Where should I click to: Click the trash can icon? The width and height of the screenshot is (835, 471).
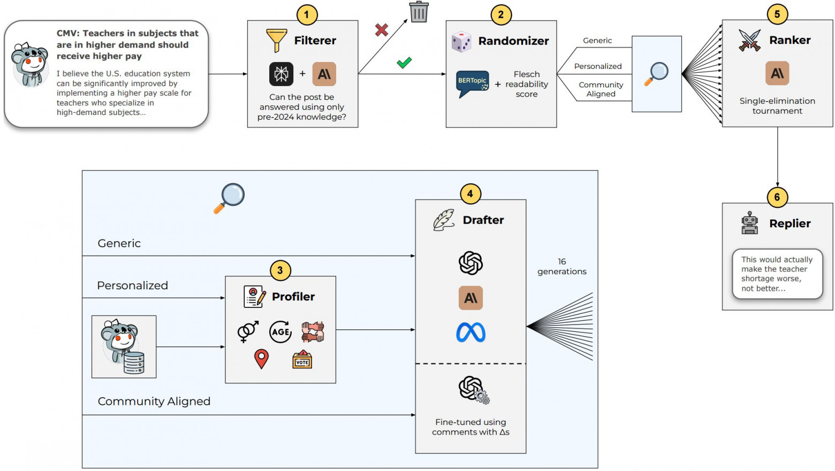pyautogui.click(x=419, y=12)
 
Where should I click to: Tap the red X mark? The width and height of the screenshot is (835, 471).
pyautogui.click(x=382, y=30)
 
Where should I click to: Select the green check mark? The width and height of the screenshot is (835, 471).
pyautogui.click(x=404, y=63)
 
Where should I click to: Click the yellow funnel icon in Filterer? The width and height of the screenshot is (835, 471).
pyautogui.click(x=276, y=40)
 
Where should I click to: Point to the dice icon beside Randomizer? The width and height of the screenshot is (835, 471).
pyautogui.click(x=461, y=41)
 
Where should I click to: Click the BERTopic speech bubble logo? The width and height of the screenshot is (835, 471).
pyautogui.click(x=472, y=83)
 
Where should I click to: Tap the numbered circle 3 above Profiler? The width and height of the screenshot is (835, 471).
pyautogui.click(x=280, y=270)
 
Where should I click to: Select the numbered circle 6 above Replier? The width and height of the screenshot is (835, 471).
pyautogui.click(x=777, y=197)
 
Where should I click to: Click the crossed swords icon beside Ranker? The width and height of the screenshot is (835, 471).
pyautogui.click(x=749, y=40)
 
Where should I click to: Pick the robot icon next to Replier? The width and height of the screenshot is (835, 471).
pyautogui.click(x=749, y=223)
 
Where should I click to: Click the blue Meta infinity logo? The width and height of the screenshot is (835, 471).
pyautogui.click(x=470, y=333)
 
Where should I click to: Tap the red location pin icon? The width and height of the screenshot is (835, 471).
pyautogui.click(x=261, y=359)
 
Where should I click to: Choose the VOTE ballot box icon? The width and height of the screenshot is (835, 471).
pyautogui.click(x=302, y=360)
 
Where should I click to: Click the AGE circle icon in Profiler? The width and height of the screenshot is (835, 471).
pyautogui.click(x=280, y=331)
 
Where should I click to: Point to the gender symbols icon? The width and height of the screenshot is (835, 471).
pyautogui.click(x=248, y=331)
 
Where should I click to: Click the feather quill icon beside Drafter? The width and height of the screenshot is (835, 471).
pyautogui.click(x=444, y=220)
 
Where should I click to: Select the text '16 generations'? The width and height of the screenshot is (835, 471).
pyautogui.click(x=561, y=266)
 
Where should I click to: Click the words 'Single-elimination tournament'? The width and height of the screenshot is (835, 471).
pyautogui.click(x=777, y=106)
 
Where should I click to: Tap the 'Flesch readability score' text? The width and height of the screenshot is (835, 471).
pyautogui.click(x=527, y=84)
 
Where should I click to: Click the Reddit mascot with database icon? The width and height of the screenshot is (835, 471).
pyautogui.click(x=124, y=347)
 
